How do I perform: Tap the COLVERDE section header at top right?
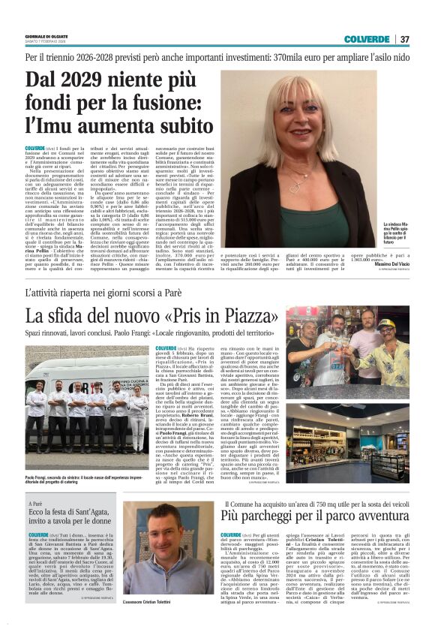click(367, 39)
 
